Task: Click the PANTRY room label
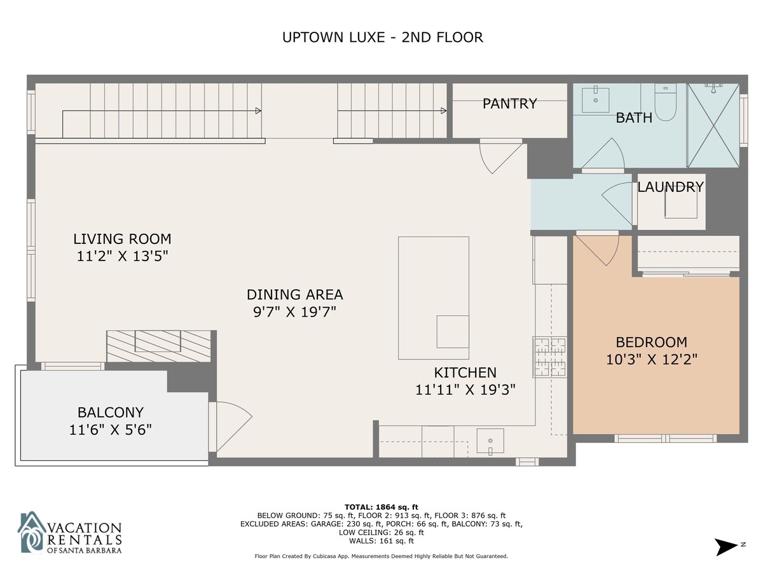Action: click(509, 104)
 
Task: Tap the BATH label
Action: click(634, 118)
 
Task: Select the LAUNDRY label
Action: click(670, 187)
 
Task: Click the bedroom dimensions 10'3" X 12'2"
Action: click(652, 360)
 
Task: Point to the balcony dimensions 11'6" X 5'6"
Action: click(111, 430)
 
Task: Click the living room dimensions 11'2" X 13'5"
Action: click(122, 256)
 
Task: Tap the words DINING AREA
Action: click(295, 294)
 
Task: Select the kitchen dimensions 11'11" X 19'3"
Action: click(465, 390)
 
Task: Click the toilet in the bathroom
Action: click(665, 102)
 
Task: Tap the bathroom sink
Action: click(595, 100)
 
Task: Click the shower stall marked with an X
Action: click(713, 125)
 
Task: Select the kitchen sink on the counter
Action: click(490, 442)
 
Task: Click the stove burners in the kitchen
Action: click(550, 357)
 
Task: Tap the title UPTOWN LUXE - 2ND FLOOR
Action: click(382, 37)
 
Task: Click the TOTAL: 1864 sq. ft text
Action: click(381, 507)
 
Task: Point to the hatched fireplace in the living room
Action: click(158, 346)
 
